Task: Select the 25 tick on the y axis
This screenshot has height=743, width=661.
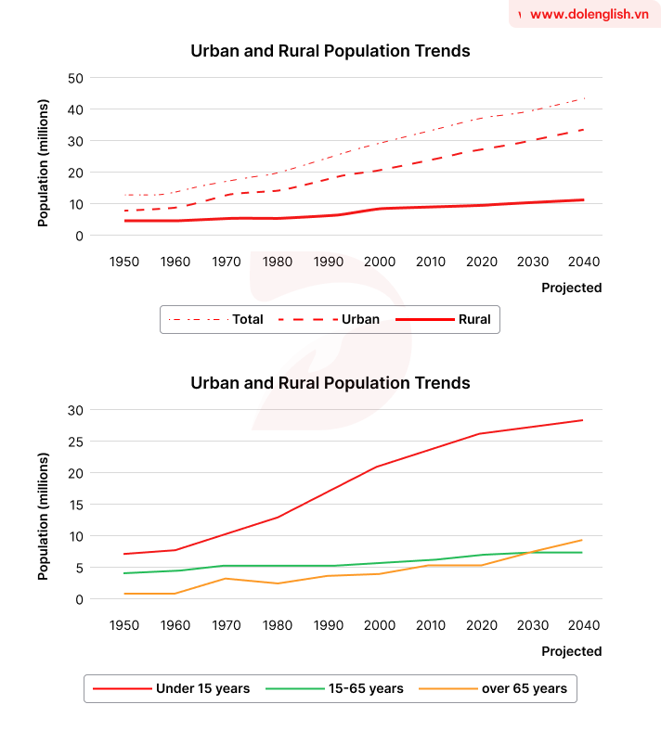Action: [x=76, y=442]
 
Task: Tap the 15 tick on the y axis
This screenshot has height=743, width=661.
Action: [x=76, y=505]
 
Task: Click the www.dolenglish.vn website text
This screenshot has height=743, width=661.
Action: [x=589, y=14]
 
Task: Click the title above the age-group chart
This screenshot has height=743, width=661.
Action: [x=330, y=383]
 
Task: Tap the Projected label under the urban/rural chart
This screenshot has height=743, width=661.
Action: [x=571, y=288]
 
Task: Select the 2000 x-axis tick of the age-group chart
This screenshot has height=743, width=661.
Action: [x=380, y=626]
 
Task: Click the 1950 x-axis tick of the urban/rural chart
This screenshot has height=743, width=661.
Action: [x=124, y=263]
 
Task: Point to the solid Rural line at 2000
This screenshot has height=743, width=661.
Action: [x=380, y=209]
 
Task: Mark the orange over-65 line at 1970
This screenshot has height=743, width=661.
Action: [x=227, y=579]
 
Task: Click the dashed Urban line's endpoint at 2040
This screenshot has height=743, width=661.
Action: [x=583, y=130]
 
